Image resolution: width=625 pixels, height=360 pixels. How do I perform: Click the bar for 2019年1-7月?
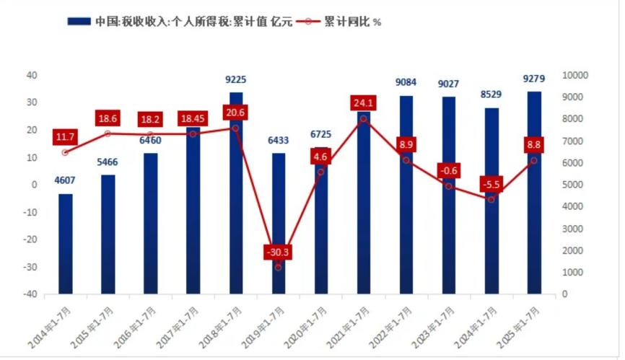click(x=279, y=224)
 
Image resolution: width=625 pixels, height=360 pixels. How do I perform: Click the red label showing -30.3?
click(x=278, y=252)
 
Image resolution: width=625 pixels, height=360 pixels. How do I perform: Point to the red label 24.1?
click(x=363, y=103)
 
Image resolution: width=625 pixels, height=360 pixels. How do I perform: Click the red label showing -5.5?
click(x=491, y=184)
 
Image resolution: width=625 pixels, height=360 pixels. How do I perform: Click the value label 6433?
click(x=278, y=140)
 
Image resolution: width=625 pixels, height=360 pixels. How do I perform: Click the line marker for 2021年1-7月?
click(x=364, y=119)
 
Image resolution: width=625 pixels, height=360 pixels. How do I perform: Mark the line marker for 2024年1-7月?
click(x=491, y=199)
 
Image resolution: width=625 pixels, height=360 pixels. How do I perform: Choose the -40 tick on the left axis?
click(x=31, y=294)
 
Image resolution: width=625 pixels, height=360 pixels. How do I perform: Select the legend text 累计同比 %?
click(x=352, y=22)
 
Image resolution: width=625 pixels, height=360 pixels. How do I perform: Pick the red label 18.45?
click(x=193, y=118)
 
